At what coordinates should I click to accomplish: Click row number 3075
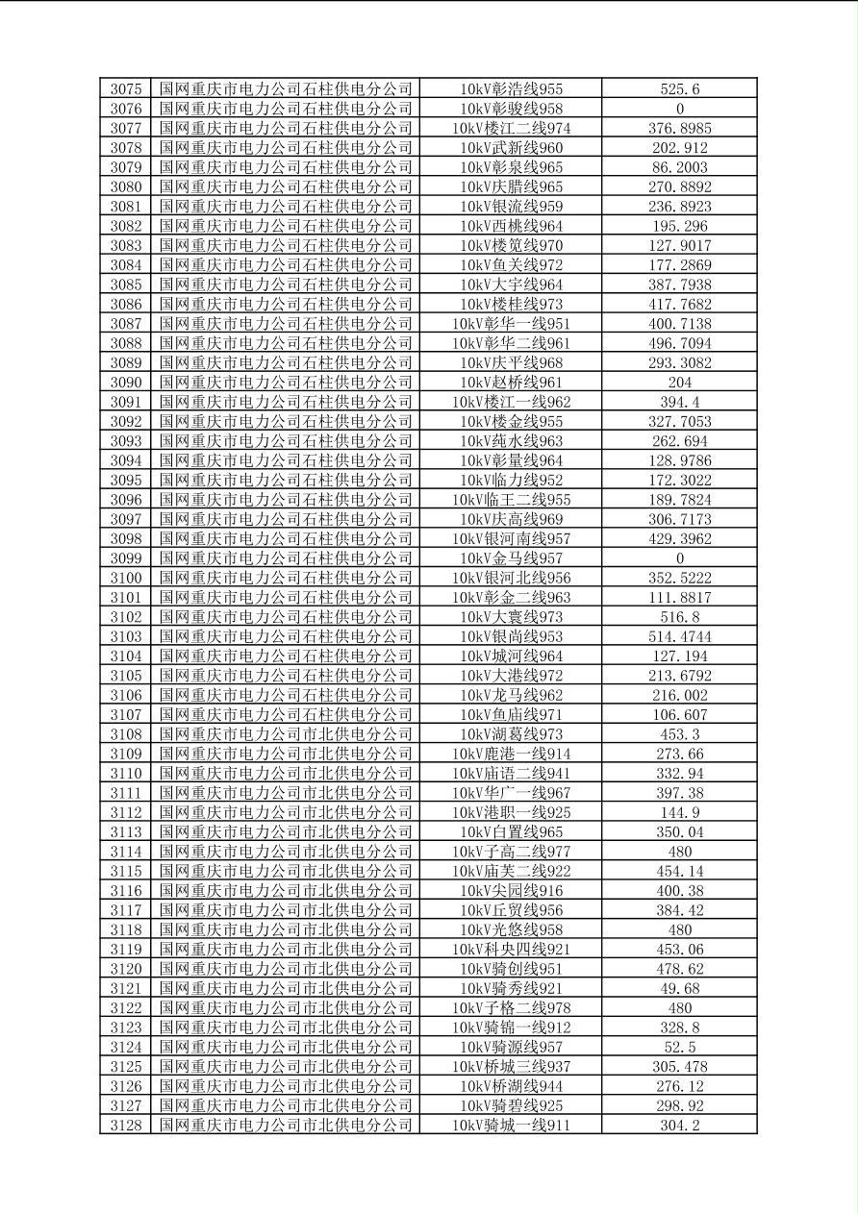(126, 89)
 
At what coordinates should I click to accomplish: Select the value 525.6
(679, 89)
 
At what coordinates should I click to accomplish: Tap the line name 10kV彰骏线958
(511, 109)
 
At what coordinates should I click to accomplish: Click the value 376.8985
(679, 128)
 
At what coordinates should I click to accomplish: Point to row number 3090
(126, 383)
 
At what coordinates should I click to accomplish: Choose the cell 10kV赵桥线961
(511, 383)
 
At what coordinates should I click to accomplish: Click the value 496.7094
(679, 343)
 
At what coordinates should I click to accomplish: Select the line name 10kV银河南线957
(511, 538)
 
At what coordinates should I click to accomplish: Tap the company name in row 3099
(286, 558)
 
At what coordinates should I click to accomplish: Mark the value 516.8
(679, 617)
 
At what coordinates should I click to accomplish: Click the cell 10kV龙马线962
(511, 695)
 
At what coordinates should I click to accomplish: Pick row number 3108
(126, 734)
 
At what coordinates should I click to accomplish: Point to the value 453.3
(679, 734)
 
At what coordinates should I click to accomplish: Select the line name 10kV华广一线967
(511, 793)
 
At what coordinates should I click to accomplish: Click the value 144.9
(679, 812)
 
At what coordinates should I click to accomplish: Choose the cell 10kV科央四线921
(511, 949)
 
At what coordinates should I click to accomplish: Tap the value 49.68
(679, 988)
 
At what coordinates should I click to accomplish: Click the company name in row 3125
(286, 1066)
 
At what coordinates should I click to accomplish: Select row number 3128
(126, 1125)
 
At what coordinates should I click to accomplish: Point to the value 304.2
(679, 1125)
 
